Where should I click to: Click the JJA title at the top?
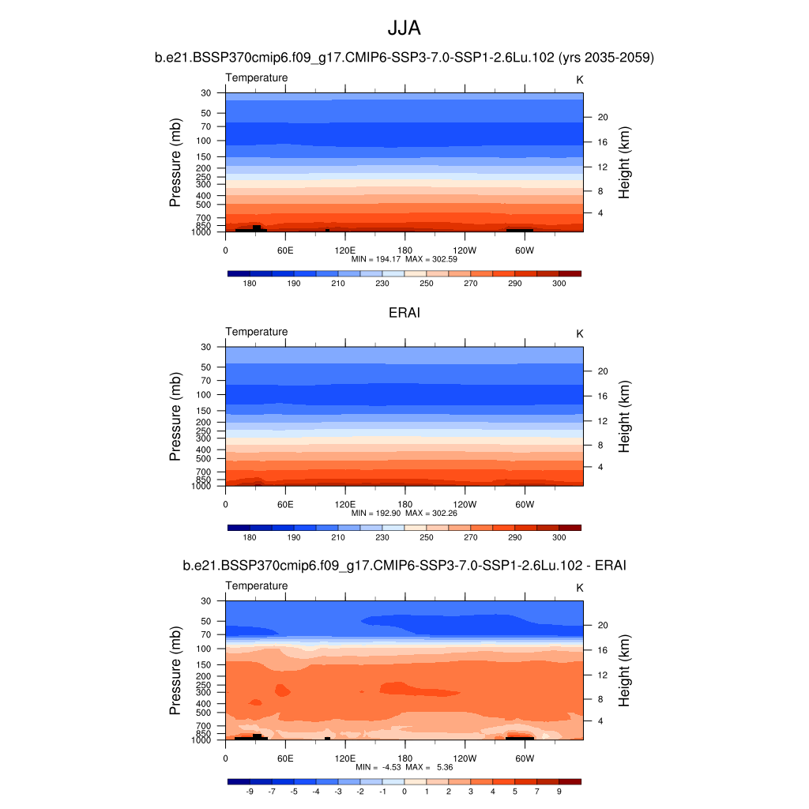pos(404,28)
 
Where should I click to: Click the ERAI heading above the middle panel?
pos(404,314)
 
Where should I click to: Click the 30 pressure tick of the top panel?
pos(206,93)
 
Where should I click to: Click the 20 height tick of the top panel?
pos(601,118)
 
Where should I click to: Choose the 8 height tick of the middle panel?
pos(599,446)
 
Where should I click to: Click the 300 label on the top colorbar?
pos(559,284)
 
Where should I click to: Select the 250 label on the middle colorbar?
pos(426,537)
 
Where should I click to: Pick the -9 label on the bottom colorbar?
pos(250,791)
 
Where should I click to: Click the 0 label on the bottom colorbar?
pos(404,791)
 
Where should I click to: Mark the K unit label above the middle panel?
pos(579,333)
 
